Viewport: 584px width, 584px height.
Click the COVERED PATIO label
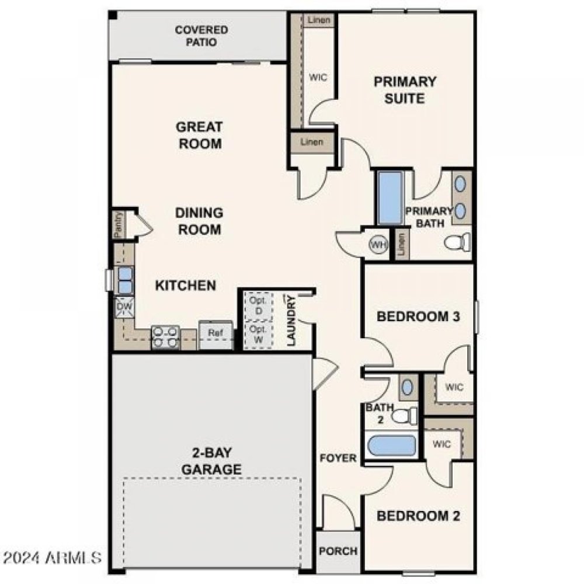[201, 36]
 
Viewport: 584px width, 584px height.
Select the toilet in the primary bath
[457, 242]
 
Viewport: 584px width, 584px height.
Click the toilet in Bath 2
[404, 416]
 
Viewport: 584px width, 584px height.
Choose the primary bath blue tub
[391, 198]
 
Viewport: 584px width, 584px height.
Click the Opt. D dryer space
[259, 305]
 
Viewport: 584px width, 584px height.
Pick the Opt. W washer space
[259, 335]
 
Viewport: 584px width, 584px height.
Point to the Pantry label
[118, 225]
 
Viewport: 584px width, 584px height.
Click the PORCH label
[338, 551]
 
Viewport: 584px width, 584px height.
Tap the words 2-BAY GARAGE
[211, 461]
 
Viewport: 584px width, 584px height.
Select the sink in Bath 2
[407, 387]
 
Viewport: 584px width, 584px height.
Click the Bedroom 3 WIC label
[454, 387]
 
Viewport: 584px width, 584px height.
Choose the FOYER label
[338, 458]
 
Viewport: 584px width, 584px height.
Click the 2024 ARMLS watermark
[53, 557]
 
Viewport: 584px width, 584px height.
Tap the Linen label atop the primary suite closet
[318, 20]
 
